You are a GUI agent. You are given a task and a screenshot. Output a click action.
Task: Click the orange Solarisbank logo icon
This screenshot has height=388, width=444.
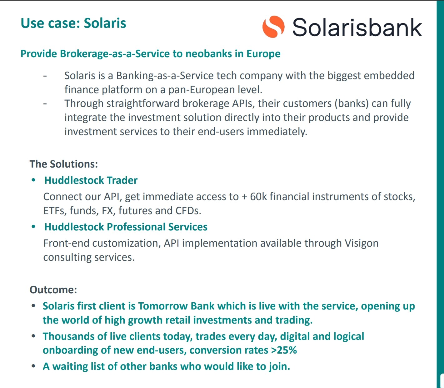point(273,27)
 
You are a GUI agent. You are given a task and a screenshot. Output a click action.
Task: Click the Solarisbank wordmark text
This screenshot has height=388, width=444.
point(357,28)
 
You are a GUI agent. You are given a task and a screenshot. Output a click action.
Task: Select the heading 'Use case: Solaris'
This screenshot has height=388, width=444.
point(73,23)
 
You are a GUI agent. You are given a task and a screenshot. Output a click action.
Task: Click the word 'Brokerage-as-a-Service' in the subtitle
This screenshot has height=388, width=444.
point(115,54)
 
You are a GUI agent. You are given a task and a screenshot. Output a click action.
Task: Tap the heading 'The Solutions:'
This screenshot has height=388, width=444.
point(63,164)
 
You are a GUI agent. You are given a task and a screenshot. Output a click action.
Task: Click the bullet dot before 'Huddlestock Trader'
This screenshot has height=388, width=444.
point(33,180)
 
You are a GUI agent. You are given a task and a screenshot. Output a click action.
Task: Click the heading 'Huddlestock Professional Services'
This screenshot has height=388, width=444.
point(126,227)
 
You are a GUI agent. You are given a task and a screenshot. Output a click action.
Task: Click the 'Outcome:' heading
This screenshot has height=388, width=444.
point(53,290)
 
